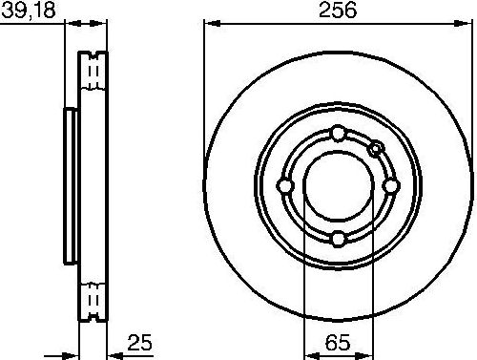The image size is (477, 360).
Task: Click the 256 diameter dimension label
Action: (x=339, y=11)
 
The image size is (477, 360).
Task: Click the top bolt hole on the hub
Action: (x=339, y=133)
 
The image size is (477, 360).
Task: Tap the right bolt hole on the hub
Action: (x=391, y=185)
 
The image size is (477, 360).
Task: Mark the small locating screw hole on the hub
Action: (x=376, y=147)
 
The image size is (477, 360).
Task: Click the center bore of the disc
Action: (x=339, y=185)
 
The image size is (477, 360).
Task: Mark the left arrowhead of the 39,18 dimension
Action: (x=69, y=25)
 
